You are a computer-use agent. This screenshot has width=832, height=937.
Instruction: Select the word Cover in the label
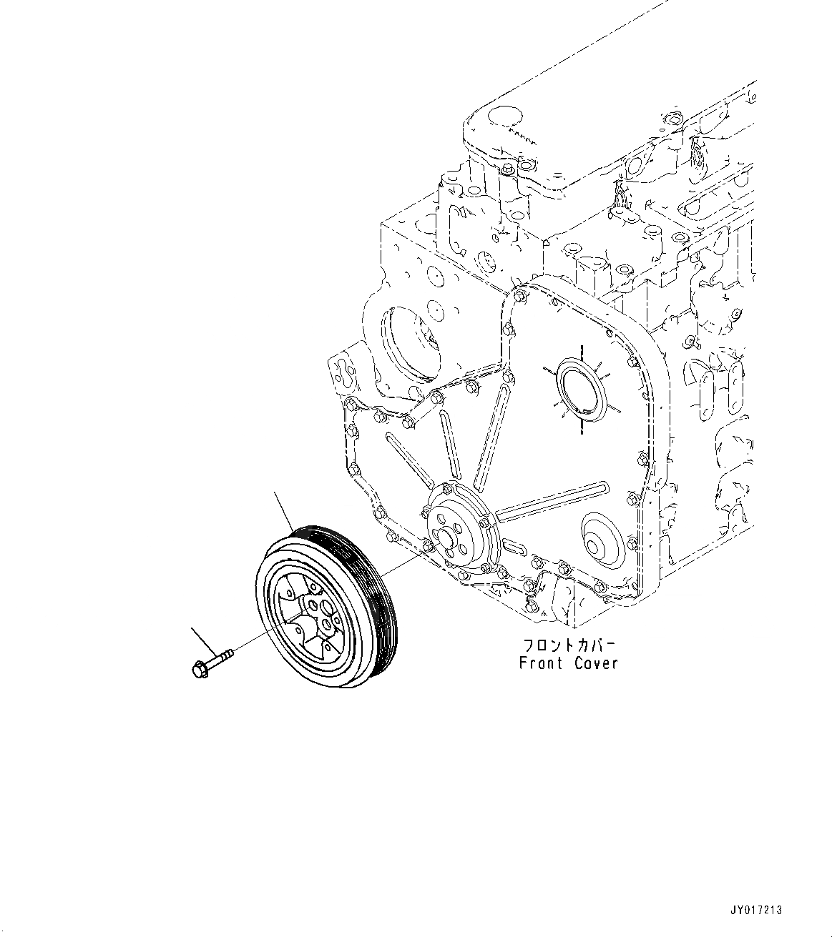pos(595,663)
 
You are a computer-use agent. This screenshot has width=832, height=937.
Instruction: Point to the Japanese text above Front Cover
pos(567,643)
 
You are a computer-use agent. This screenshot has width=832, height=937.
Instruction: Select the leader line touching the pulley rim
pos(284,510)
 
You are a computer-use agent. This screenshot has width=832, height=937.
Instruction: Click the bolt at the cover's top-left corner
pos(517,292)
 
